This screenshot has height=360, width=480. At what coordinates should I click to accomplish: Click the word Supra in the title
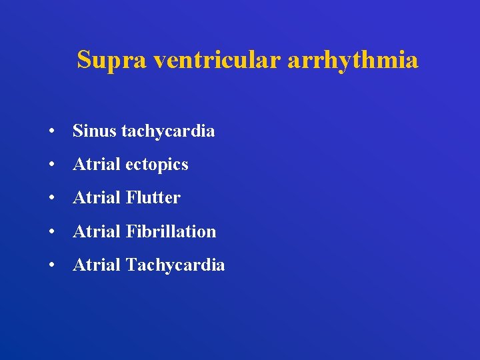pos(112,60)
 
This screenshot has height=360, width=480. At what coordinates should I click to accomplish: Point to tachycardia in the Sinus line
pos(168,131)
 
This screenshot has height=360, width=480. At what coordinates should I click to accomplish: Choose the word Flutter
pos(153,197)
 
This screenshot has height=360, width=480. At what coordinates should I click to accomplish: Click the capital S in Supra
pos(84,60)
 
